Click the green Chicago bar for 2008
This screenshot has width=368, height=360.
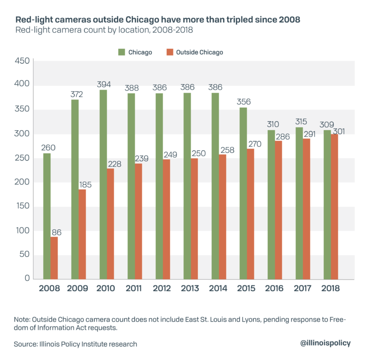coord(47,216)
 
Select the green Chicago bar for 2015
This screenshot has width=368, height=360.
coord(243,193)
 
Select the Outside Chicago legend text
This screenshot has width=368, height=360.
coord(199,52)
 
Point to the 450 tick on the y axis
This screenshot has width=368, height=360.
coord(23,61)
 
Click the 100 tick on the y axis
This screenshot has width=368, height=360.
coord(23,231)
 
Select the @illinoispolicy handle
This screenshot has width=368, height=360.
coord(325,343)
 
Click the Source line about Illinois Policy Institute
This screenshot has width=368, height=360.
coord(76,344)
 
